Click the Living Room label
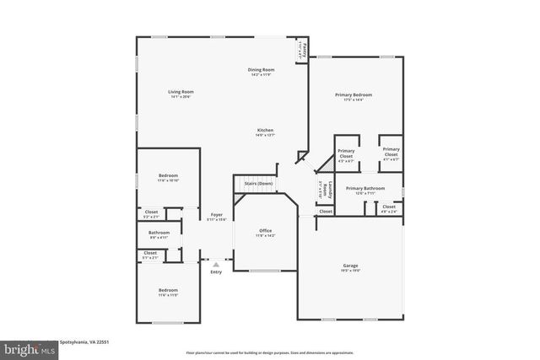coord(181,91)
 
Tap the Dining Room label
coord(261,70)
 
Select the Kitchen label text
coord(266,130)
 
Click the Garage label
coord(350,266)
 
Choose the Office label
coord(265,230)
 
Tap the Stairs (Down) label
coord(258,183)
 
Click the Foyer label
coord(217,215)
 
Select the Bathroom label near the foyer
coord(159,233)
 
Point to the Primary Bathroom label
coord(364,188)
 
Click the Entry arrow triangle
coord(216,264)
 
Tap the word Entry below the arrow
coord(216,271)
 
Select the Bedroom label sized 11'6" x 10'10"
coord(168,175)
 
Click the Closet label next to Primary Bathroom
coord(388,207)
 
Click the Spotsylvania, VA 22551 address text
coord(84,342)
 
